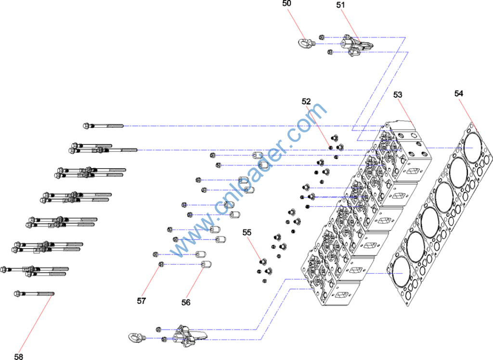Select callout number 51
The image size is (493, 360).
click(x=341, y=5)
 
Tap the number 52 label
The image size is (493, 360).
click(x=307, y=102)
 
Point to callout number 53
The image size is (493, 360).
click(x=398, y=94)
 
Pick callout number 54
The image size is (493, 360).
click(x=459, y=93)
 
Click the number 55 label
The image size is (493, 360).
click(x=247, y=232)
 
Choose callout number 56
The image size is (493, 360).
click(x=186, y=302)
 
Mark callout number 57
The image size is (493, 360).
click(x=141, y=301)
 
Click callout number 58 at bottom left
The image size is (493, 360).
click(x=18, y=357)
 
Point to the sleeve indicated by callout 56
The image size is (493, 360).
click(x=206, y=264)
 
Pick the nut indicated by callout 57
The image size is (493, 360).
click(x=162, y=264)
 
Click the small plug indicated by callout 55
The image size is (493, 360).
click(x=262, y=261)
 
